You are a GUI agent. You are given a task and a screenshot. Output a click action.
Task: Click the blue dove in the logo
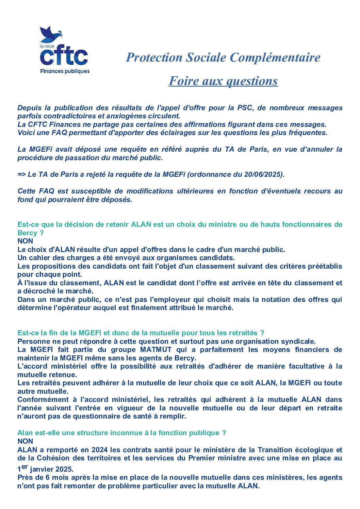click(x=50, y=34)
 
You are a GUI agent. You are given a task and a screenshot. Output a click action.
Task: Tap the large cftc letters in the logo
click(x=64, y=55)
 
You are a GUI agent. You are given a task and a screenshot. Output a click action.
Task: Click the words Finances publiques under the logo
click(x=65, y=71)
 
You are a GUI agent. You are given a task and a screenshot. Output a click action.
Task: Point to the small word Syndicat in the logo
click(x=47, y=46)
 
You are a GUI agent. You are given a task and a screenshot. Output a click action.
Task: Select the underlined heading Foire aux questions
click(x=223, y=81)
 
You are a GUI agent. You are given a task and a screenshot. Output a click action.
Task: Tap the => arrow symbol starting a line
click(x=22, y=174)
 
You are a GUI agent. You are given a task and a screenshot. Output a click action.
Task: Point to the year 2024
click(x=99, y=450)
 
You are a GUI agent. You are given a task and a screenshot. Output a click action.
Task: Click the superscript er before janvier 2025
click(x=25, y=466)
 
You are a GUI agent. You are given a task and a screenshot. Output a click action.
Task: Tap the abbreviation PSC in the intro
click(x=245, y=108)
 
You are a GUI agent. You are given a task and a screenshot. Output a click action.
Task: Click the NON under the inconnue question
click(x=25, y=441)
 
